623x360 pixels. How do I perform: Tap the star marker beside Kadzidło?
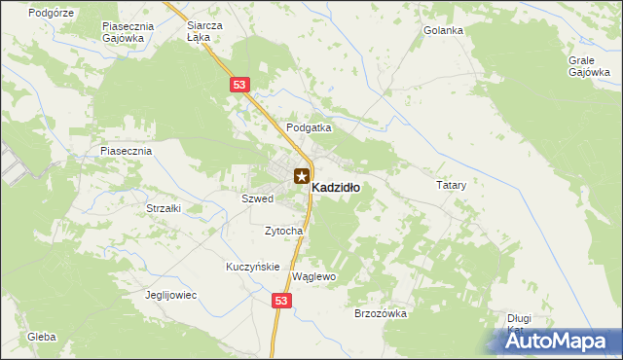pos(302,177)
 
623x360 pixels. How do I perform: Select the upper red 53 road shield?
pos(239,86)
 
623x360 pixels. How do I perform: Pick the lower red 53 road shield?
pos(281,302)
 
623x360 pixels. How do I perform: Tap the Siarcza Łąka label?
pos(204,32)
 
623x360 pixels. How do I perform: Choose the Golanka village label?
pos(443,30)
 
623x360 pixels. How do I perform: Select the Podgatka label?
pos(309,127)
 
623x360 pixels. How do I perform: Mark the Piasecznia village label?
pos(126,152)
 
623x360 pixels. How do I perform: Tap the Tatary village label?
pos(452,184)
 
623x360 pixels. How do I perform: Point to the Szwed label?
pos(258,198)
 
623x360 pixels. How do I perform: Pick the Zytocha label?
pos(284,231)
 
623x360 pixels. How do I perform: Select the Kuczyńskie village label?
pos(253,267)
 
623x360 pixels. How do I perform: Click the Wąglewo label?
pos(313,277)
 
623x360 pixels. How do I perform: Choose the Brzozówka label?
pos(381,313)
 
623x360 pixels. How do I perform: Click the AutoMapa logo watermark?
pos(553,341)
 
